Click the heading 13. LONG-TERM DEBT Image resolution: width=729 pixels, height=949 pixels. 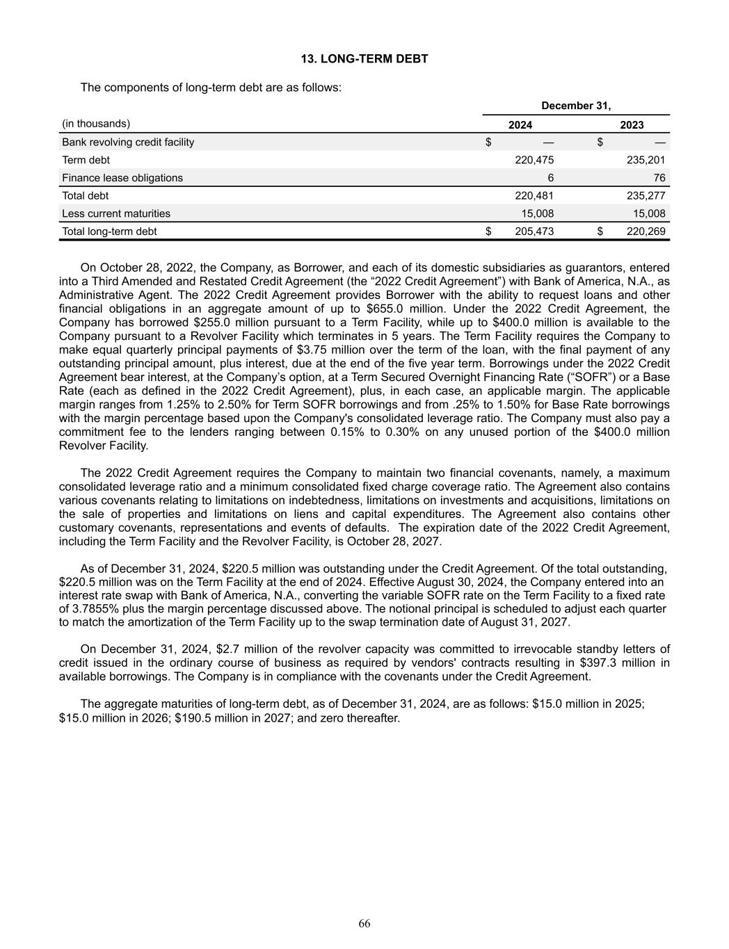(x=364, y=59)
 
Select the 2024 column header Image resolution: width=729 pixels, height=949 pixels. (x=520, y=125)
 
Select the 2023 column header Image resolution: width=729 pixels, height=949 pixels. (x=632, y=125)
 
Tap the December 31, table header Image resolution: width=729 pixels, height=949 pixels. (x=576, y=106)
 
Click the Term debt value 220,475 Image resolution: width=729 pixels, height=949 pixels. (x=534, y=160)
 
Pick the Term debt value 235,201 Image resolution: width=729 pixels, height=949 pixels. (x=646, y=160)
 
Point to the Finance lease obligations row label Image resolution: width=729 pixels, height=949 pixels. (x=122, y=178)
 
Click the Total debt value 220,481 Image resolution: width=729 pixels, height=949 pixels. (x=534, y=196)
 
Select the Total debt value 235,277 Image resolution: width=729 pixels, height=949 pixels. (x=646, y=196)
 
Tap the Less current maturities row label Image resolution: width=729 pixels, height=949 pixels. (x=116, y=213)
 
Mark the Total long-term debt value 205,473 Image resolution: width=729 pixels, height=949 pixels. (x=534, y=232)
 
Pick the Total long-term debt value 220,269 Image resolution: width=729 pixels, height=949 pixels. (x=646, y=232)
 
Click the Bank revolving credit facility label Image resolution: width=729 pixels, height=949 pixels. (x=128, y=142)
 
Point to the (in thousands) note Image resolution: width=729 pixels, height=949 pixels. (x=96, y=124)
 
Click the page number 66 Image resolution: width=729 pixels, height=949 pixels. (x=364, y=923)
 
